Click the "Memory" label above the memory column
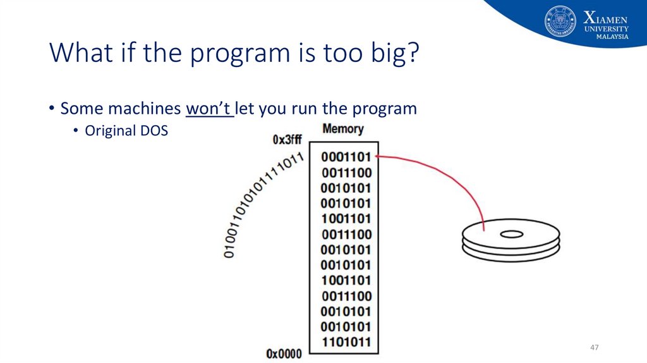click(343, 129)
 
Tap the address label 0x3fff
click(287, 140)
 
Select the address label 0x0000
click(284, 354)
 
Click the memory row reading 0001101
click(346, 157)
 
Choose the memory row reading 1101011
click(346, 342)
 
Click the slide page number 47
click(594, 348)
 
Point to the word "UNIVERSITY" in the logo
click(607, 28)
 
